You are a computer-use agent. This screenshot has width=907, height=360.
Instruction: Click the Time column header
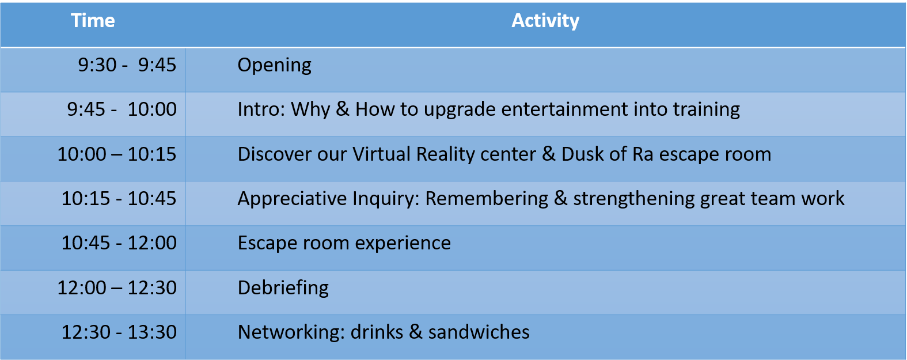[x=93, y=21]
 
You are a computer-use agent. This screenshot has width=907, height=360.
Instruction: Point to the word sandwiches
[x=479, y=332]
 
